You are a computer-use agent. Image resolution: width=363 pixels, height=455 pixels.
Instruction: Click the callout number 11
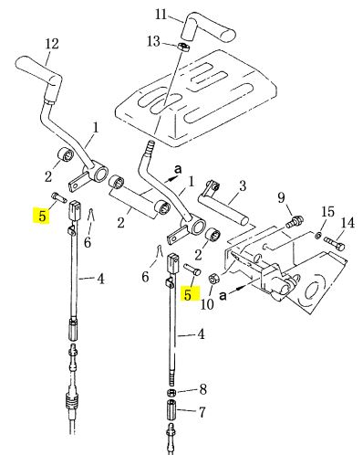tap(161, 14)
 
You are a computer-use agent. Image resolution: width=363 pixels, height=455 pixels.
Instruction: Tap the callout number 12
tap(52, 44)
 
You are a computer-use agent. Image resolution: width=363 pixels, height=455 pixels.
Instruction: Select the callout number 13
tap(153, 41)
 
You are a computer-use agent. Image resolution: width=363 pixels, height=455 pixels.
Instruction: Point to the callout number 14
tap(348, 222)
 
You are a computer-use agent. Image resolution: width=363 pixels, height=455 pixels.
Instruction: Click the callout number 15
tap(328, 211)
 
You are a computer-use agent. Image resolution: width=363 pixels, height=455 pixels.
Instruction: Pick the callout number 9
tap(281, 198)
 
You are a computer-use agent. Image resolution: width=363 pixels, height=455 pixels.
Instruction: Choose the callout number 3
tap(243, 185)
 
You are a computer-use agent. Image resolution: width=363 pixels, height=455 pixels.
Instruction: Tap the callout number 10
tap(208, 303)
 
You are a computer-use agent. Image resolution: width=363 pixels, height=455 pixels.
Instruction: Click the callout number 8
tap(203, 389)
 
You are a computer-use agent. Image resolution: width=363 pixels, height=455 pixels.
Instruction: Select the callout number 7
tap(202, 412)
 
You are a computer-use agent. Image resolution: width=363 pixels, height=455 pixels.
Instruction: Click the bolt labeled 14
tap(336, 243)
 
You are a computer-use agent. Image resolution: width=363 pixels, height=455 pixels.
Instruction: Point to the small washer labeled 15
tap(318, 235)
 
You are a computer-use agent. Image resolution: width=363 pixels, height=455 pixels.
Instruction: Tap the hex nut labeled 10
tap(213, 279)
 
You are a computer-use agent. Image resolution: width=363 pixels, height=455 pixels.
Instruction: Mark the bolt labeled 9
tap(295, 221)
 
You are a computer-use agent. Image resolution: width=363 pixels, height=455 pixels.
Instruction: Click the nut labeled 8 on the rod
tap(171, 391)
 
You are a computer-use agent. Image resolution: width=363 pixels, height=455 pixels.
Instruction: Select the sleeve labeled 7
tap(171, 409)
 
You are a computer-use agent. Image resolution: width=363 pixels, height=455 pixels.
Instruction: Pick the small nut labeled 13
tap(182, 47)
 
